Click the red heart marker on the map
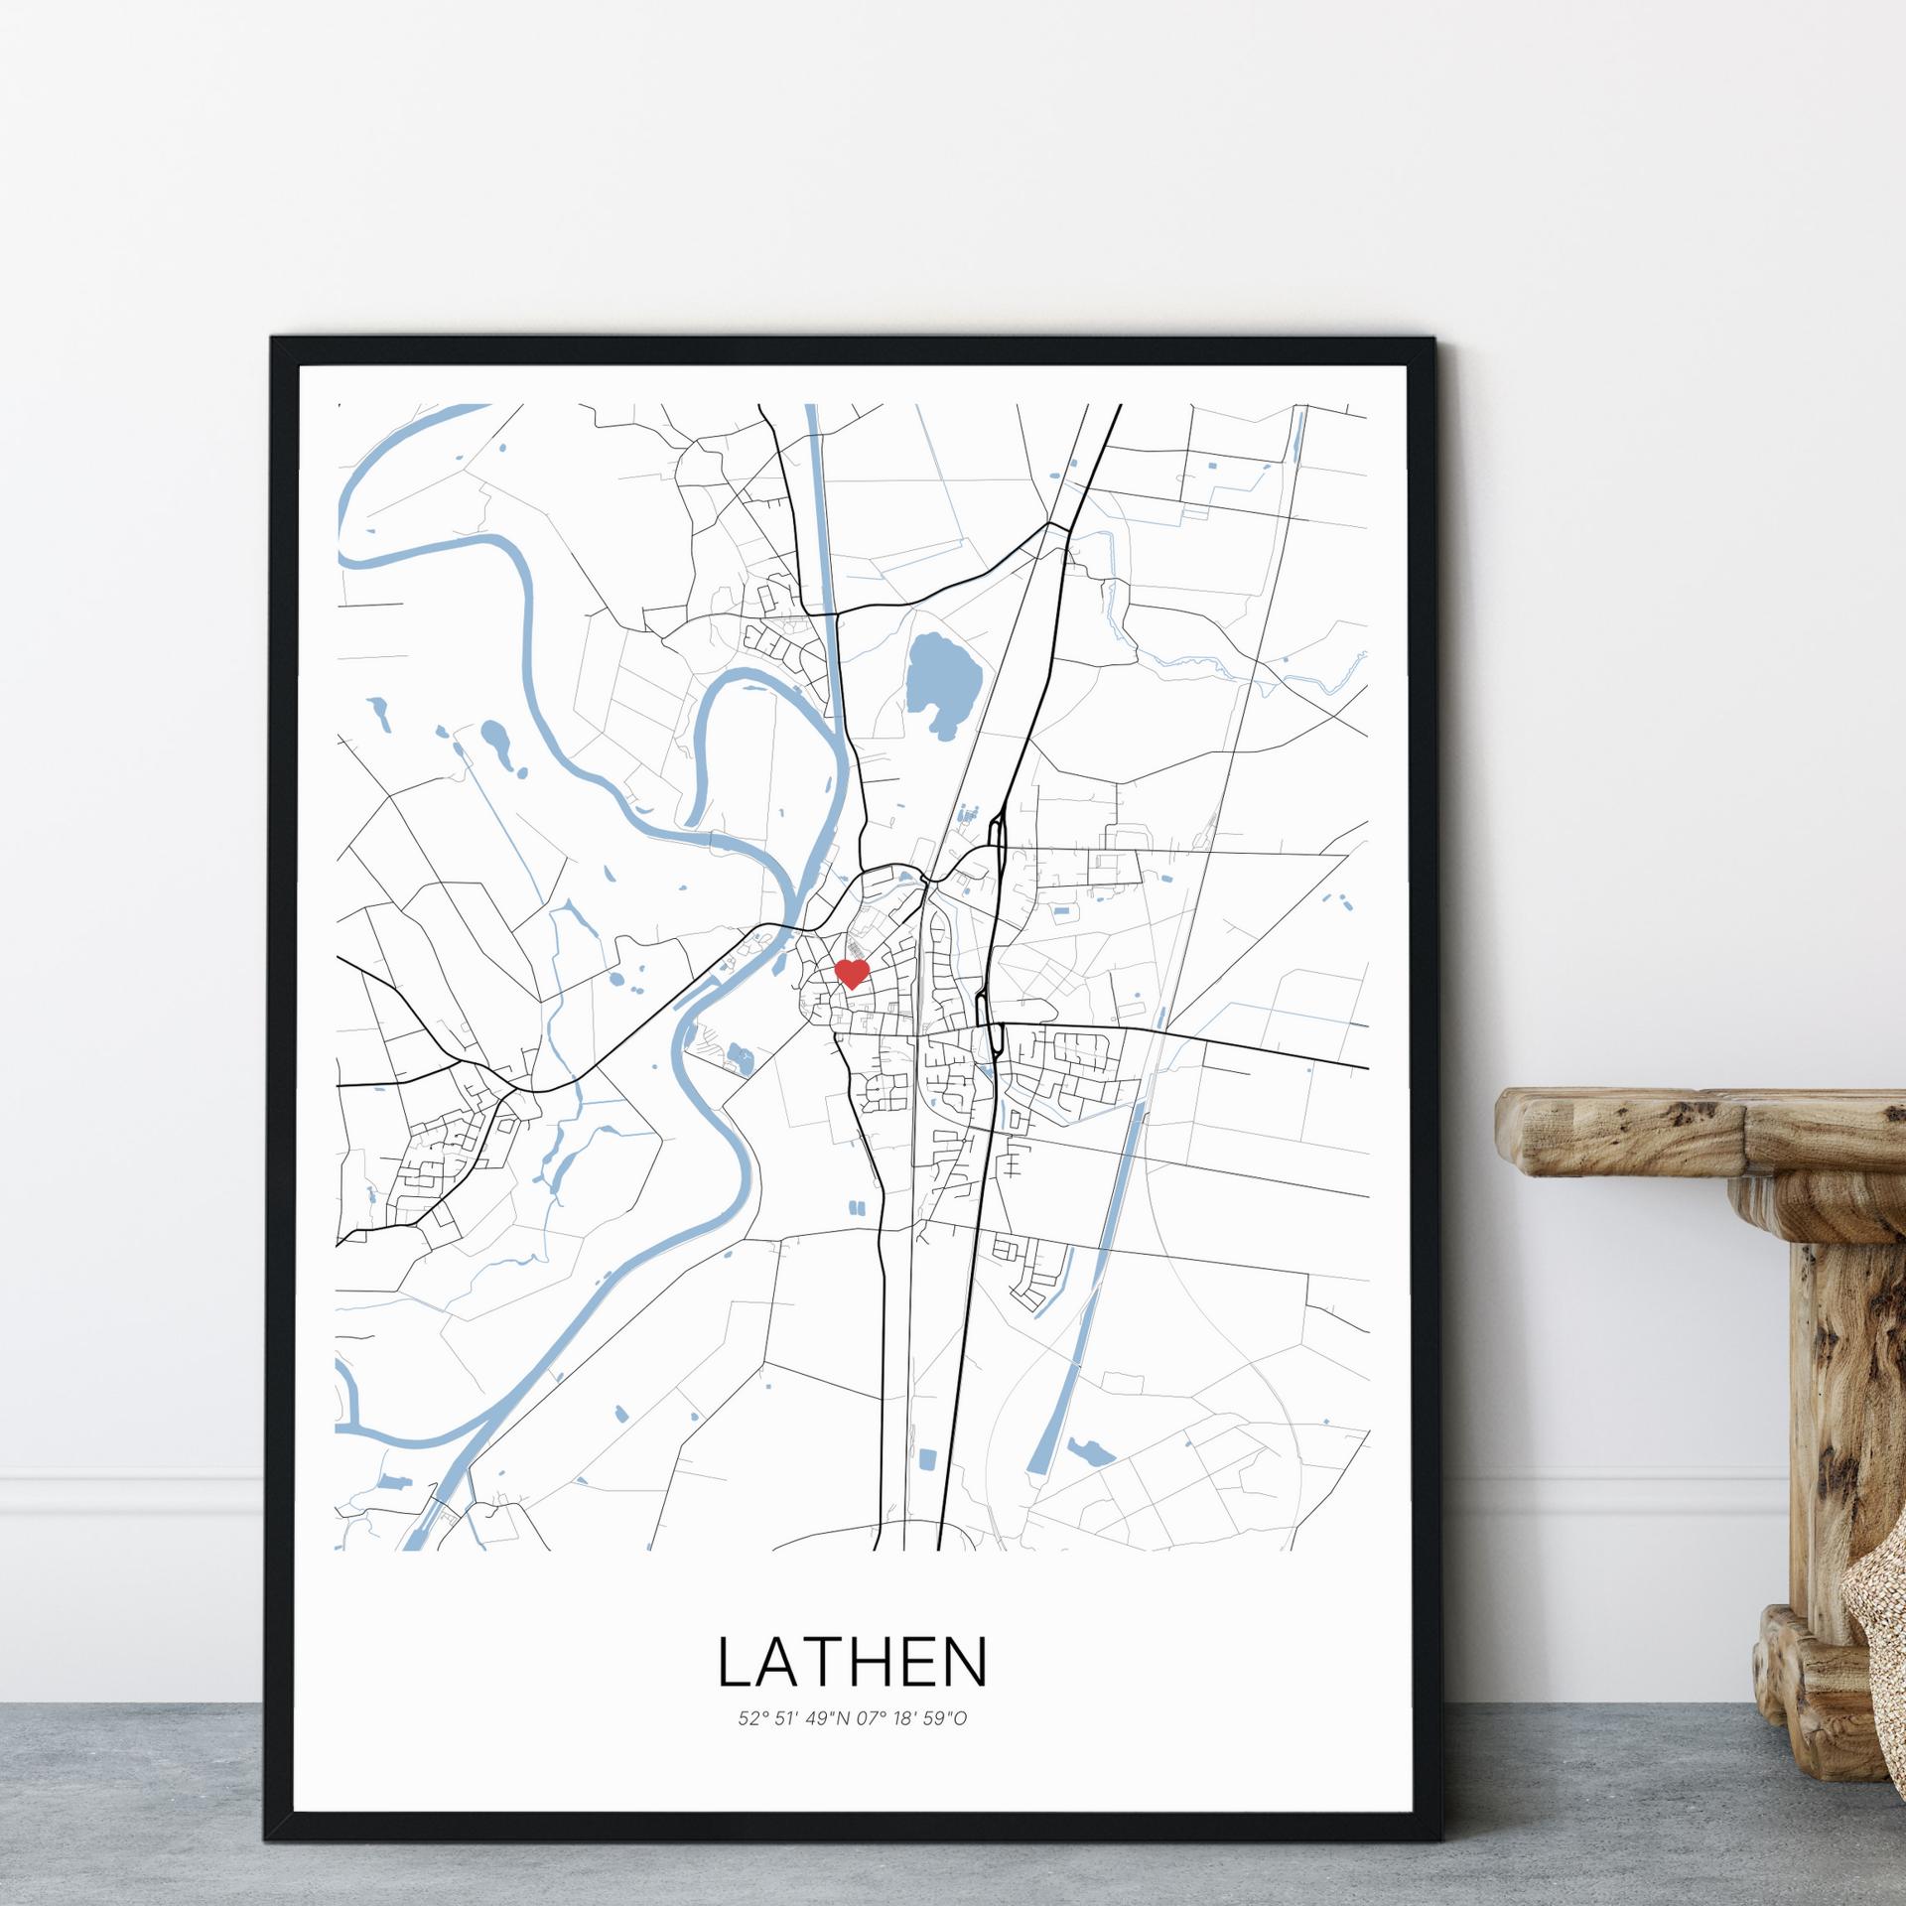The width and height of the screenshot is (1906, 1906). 852,973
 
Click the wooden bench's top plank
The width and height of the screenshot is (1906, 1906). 1698,1127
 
